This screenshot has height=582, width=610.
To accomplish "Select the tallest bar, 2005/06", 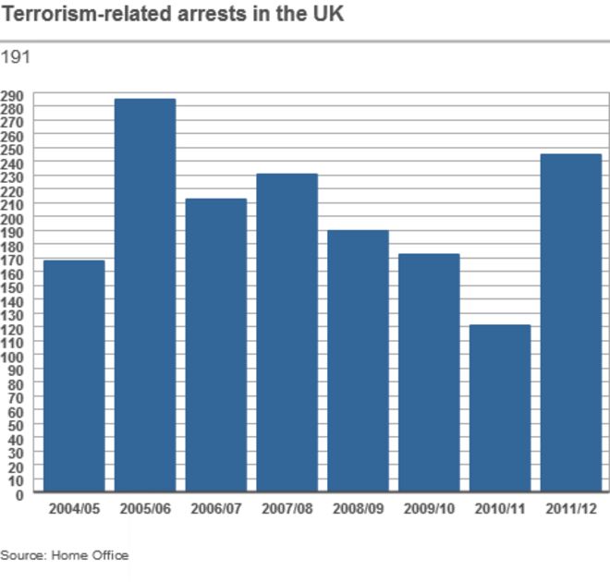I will point(145,296).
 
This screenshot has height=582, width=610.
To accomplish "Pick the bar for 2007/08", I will point(287,333).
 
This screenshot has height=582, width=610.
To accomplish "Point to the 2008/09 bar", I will point(359,361).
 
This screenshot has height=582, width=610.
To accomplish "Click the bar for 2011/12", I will point(571,322).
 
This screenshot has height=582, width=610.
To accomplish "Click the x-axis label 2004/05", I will point(74,508).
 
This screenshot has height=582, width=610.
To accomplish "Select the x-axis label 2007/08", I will point(287,508).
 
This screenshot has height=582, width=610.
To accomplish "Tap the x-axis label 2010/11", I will point(500,508).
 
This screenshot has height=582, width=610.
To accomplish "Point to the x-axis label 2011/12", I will point(571,508).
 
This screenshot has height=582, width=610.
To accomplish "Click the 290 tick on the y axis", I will point(13,95).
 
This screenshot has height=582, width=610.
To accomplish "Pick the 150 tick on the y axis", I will point(13,287).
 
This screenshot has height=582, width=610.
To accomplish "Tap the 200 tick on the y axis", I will point(13,219).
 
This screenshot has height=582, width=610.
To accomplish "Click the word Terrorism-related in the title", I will point(84,16).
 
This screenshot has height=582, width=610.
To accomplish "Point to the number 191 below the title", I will point(16,57).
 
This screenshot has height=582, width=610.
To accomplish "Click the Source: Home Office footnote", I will point(65,555).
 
